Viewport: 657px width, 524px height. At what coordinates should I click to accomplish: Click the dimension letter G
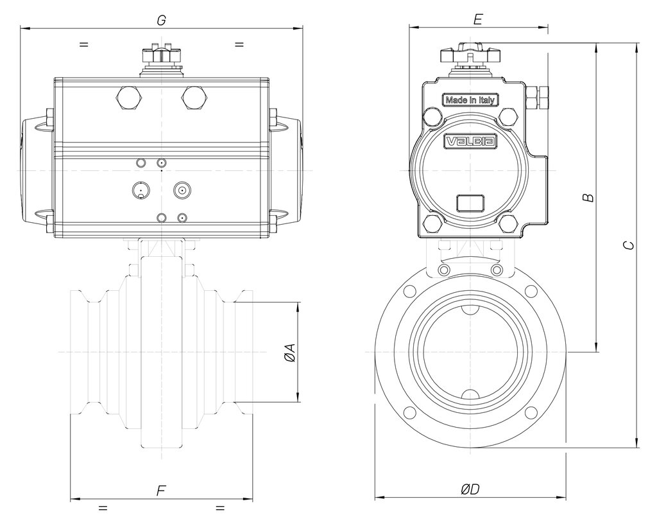click(161, 20)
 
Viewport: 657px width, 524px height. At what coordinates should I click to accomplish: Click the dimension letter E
click(478, 19)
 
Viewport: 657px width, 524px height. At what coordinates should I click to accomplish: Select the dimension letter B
click(589, 197)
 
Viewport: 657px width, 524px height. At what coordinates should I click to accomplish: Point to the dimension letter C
click(629, 245)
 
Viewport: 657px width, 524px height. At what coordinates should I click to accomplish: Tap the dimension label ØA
click(289, 353)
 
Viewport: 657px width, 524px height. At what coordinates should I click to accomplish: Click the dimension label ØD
click(470, 489)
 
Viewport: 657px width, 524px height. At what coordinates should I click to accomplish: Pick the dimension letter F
click(161, 491)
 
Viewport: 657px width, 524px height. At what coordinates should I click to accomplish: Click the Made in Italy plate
click(470, 100)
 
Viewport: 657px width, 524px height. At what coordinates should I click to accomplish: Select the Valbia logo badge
click(470, 141)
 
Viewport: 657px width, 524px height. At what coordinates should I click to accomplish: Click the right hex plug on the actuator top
click(194, 98)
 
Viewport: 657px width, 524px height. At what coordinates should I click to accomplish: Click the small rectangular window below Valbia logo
click(470, 204)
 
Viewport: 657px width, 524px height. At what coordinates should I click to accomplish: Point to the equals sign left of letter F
click(103, 508)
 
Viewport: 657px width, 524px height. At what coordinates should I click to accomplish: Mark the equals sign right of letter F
click(220, 508)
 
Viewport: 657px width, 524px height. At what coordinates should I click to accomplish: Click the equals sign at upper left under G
click(84, 44)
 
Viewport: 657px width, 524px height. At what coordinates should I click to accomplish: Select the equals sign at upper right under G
click(239, 44)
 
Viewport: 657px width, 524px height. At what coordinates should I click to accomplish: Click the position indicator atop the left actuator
click(161, 56)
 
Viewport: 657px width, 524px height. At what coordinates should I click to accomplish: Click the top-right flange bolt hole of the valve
click(531, 292)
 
